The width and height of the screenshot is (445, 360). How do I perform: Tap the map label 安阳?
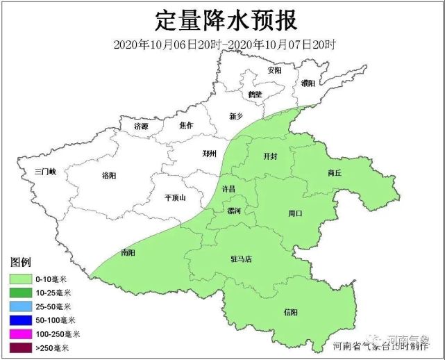pyautogui.click(x=274, y=71)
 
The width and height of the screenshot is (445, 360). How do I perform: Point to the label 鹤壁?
pyautogui.click(x=255, y=95)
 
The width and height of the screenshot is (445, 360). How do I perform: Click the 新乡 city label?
pyautogui.click(x=237, y=116)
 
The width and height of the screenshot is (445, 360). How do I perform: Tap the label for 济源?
pyautogui.click(x=141, y=126)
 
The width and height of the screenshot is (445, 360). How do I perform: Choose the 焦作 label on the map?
pyautogui.click(x=185, y=126)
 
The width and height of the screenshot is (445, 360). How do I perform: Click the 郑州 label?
pyautogui.click(x=209, y=154)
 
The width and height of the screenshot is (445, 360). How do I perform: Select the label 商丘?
pyautogui.click(x=334, y=173)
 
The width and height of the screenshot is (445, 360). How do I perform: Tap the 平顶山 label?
pyautogui.click(x=175, y=197)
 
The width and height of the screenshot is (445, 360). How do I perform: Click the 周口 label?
pyautogui.click(x=296, y=214)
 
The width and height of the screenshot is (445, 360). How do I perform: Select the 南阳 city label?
pyautogui.click(x=128, y=252)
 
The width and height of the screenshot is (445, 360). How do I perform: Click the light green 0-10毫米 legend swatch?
pyautogui.click(x=23, y=279)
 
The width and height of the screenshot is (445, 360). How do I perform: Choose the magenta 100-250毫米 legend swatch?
pyautogui.click(x=23, y=334)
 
